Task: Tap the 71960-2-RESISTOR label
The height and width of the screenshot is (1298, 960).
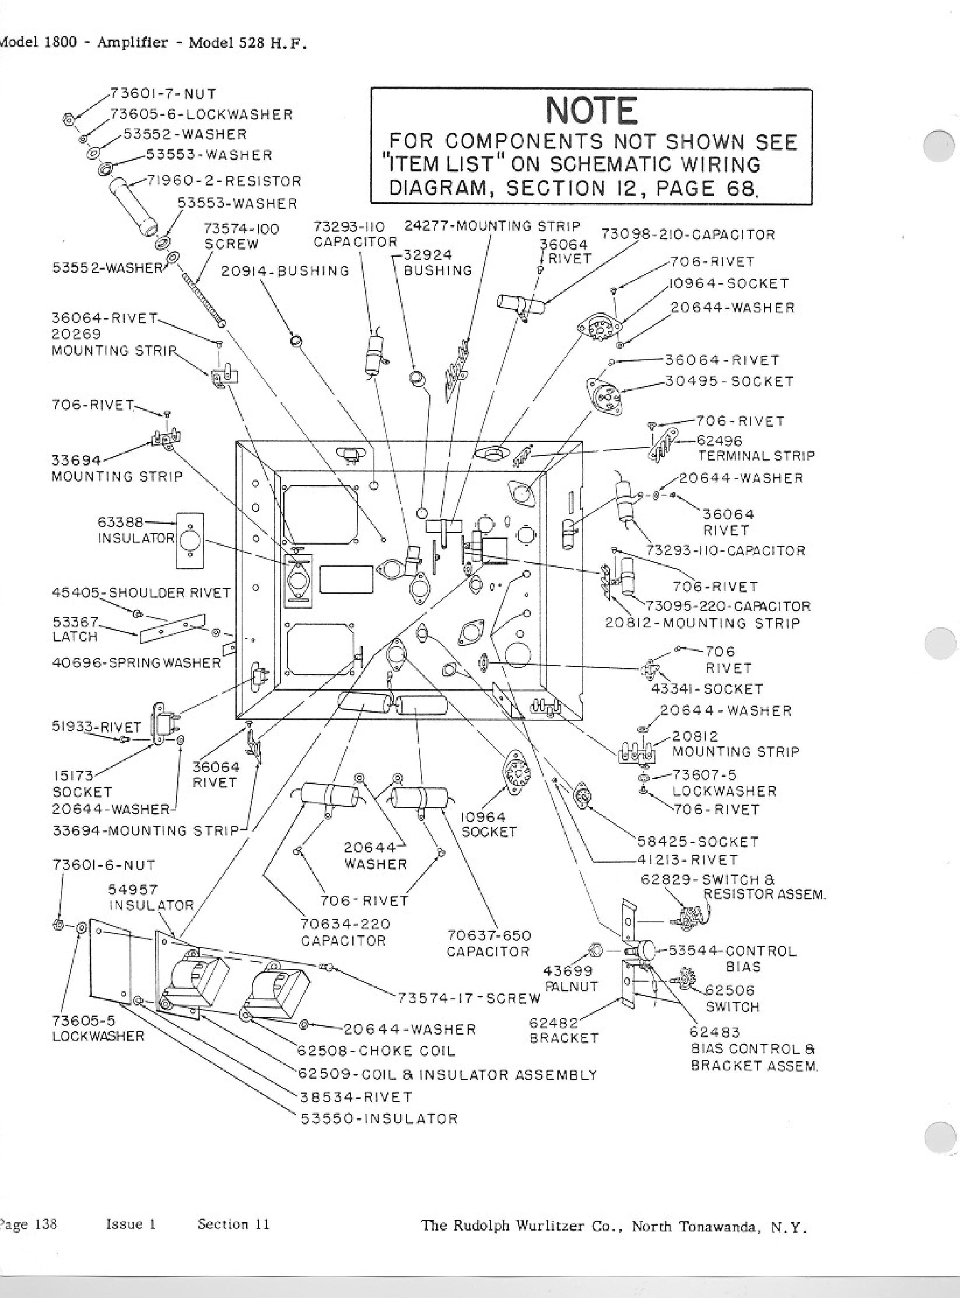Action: [224, 181]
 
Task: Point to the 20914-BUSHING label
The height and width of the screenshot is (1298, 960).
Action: [285, 271]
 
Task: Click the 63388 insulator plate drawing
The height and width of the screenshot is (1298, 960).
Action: [190, 540]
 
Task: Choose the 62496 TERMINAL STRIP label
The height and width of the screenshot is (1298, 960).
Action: [755, 448]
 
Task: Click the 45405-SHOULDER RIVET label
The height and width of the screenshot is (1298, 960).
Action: [141, 593]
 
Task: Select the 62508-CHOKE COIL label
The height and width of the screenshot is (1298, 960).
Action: [377, 1051]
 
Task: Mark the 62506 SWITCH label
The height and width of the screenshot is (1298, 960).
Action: [732, 998]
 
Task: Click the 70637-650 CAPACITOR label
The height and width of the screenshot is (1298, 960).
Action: [489, 944]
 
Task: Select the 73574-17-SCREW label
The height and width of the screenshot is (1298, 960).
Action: [469, 998]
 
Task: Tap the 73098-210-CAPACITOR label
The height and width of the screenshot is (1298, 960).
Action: [688, 235]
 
